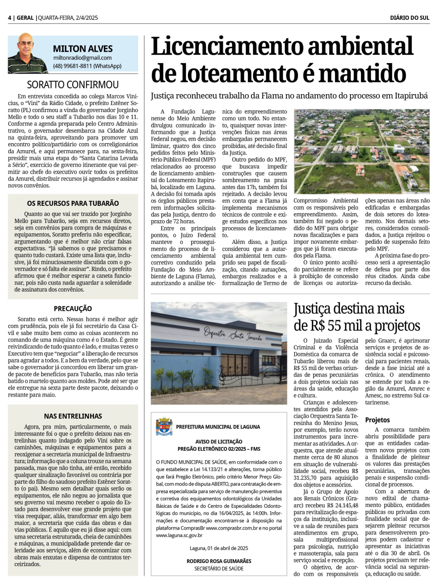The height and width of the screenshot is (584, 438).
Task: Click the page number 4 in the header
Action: pyautogui.click(x=9, y=18)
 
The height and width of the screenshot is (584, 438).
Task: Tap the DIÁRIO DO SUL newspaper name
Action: pyautogui.click(x=410, y=18)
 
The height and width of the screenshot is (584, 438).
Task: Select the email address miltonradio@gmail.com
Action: pyautogui.click(x=82, y=58)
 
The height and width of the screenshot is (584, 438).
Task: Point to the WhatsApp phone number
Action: pyautogui.click(x=87, y=66)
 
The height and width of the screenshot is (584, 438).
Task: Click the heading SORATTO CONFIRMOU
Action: pyautogui.click(x=73, y=84)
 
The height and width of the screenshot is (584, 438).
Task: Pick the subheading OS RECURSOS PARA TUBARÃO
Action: pyautogui.click(x=73, y=203)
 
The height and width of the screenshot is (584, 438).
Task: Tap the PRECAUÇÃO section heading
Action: pyautogui.click(x=73, y=309)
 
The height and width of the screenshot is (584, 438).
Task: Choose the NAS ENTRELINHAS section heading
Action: pyautogui.click(x=73, y=416)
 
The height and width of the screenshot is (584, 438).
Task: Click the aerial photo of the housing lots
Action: pyautogui.click(x=361, y=151)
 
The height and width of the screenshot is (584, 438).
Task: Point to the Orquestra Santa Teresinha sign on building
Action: pyautogui.click(x=233, y=336)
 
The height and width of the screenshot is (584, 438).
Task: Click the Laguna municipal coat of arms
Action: pyautogui.click(x=164, y=426)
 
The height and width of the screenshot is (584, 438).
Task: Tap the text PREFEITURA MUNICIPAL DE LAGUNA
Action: pyautogui.click(x=218, y=427)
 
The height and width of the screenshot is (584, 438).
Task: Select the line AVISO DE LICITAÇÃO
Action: pyautogui.click(x=219, y=442)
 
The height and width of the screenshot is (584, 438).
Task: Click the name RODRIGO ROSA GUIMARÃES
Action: pyautogui.click(x=219, y=561)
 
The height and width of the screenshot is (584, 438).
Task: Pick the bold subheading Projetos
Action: pyautogui.click(x=377, y=420)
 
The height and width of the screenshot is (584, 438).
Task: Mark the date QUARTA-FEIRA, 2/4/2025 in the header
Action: pyautogui.click(x=68, y=18)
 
